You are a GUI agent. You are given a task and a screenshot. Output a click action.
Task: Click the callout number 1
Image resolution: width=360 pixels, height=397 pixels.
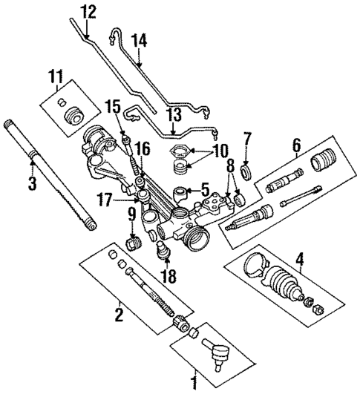[195, 384]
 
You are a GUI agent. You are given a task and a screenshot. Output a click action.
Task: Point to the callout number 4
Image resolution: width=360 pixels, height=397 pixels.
[300, 260]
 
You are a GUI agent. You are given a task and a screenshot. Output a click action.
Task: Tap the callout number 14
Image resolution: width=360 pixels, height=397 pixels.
[139, 41]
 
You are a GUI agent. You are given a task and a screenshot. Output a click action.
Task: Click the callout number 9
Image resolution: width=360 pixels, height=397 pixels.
[131, 215]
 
